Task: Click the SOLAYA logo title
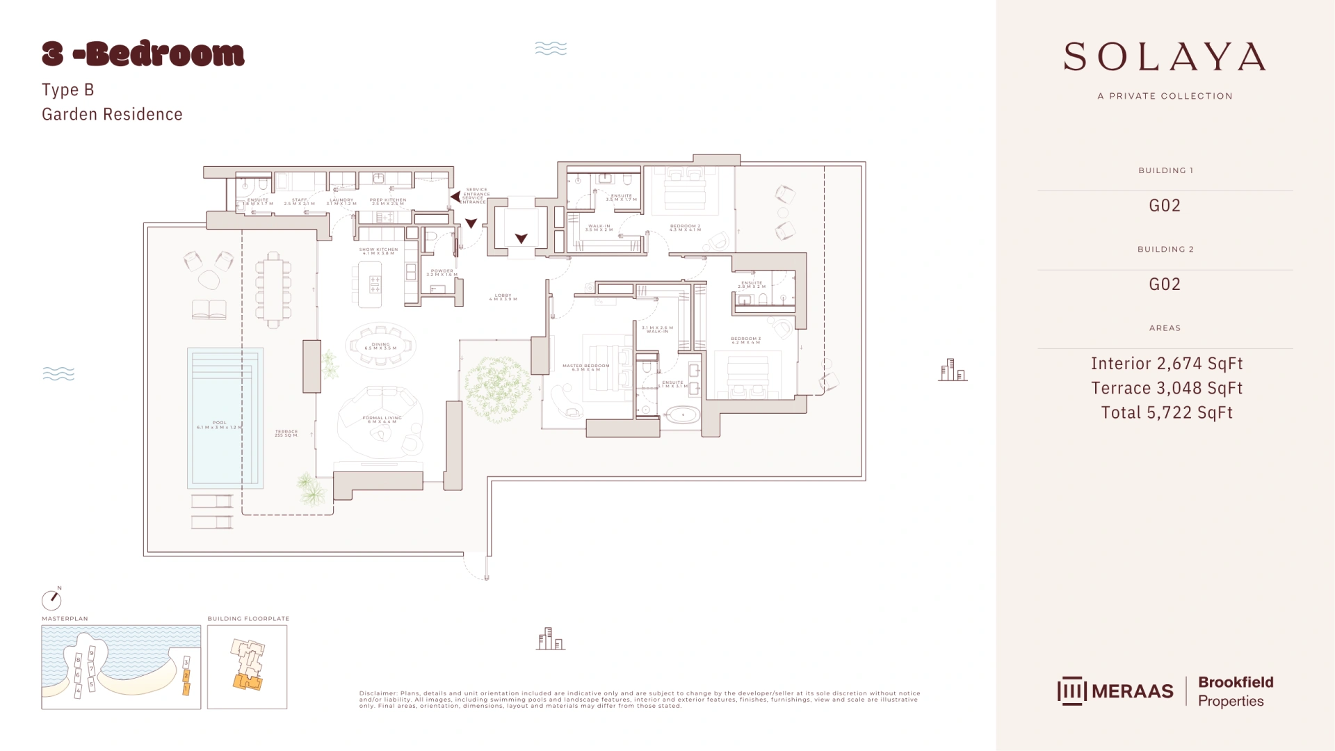[x=1165, y=57]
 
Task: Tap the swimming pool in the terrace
[x=225, y=417]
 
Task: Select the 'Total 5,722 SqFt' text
[x=1166, y=412]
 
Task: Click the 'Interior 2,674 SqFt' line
[x=1166, y=363]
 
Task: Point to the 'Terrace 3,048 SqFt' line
[x=1166, y=388]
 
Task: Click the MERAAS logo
[x=1115, y=691]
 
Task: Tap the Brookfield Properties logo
[x=1235, y=691]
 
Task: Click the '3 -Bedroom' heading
[x=143, y=54]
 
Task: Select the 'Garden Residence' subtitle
[x=112, y=114]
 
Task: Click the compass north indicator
[x=51, y=599]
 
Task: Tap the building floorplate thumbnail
[x=247, y=667]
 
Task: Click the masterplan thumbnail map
[x=121, y=667]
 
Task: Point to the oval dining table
[x=380, y=346]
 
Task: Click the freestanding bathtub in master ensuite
[x=683, y=415]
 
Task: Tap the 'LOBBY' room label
[x=503, y=296]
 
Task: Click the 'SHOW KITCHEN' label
[x=378, y=250]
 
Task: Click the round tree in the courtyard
[x=497, y=389]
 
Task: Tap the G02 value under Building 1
[x=1165, y=205]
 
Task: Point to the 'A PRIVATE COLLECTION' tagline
[x=1165, y=96]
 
